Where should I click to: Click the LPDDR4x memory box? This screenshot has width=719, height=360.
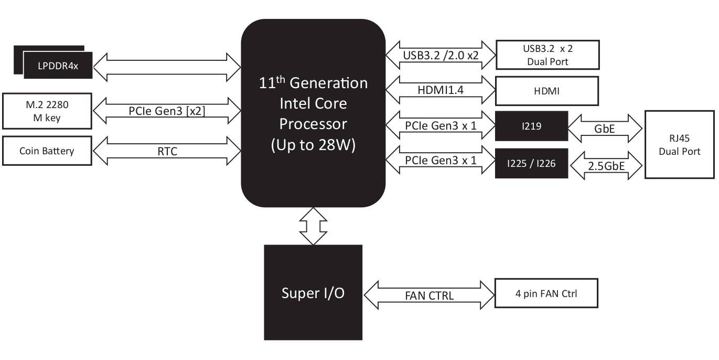[x=58, y=65]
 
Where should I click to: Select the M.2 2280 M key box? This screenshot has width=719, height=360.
[x=47, y=111]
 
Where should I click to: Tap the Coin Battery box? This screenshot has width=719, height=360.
[x=47, y=151]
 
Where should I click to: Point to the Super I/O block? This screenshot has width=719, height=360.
[x=313, y=292]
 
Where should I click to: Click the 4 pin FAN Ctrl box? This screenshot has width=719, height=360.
[x=546, y=293]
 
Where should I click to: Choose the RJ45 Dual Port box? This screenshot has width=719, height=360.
[x=680, y=144]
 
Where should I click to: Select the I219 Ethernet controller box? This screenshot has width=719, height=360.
[x=532, y=126]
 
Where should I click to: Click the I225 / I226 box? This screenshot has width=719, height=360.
[x=532, y=163]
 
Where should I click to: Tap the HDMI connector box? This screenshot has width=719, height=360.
[x=547, y=91]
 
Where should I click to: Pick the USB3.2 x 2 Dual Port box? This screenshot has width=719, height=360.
[x=548, y=55]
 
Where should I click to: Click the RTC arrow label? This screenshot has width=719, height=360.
[x=167, y=151]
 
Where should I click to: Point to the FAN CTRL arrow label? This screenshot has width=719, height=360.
[x=429, y=295]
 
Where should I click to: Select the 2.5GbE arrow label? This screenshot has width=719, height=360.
[x=606, y=166]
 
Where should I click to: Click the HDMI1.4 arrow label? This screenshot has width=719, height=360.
[x=441, y=90]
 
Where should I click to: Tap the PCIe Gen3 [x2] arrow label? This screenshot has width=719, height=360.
[x=167, y=111]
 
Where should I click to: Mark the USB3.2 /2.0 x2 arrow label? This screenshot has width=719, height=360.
[x=441, y=55]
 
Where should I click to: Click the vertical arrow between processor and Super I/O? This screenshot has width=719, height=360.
[x=313, y=226]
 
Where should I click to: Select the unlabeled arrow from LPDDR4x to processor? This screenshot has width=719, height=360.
[x=167, y=67]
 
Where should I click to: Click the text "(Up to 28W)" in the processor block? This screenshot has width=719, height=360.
[x=313, y=145]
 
